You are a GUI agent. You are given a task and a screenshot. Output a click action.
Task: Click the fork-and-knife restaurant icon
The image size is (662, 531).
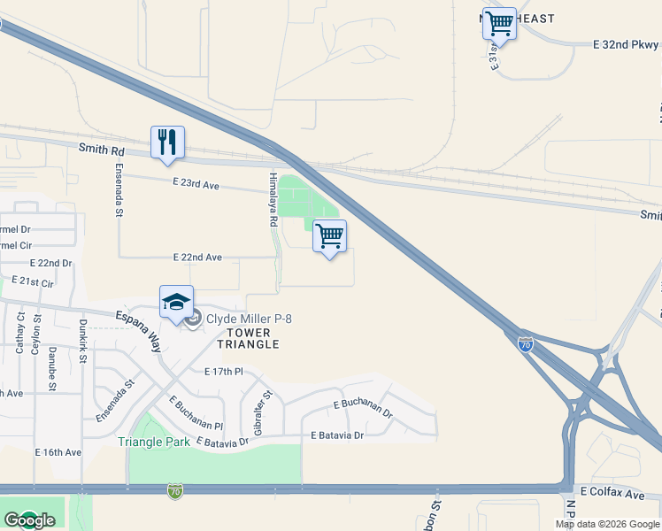(167, 142)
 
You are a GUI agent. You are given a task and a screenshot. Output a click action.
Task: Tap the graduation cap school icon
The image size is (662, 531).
(176, 302)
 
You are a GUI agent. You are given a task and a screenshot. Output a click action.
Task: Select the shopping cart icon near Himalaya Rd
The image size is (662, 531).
(329, 236)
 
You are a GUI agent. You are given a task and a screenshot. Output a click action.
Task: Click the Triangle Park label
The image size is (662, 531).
(154, 442)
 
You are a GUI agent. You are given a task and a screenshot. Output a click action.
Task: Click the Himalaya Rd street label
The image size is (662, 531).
(273, 199)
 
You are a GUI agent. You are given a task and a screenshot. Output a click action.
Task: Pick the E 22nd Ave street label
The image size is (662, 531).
(197, 258)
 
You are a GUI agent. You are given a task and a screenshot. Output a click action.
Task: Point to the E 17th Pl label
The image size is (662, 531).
(223, 372)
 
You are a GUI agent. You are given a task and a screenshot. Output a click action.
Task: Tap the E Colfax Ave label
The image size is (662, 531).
(612, 490)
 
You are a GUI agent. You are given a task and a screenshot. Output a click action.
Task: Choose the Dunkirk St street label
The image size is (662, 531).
(82, 337)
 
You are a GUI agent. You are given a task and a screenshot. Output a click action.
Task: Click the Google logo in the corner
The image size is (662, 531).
(29, 521)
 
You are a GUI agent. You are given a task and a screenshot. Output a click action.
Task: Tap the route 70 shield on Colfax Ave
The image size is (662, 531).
(174, 489)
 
